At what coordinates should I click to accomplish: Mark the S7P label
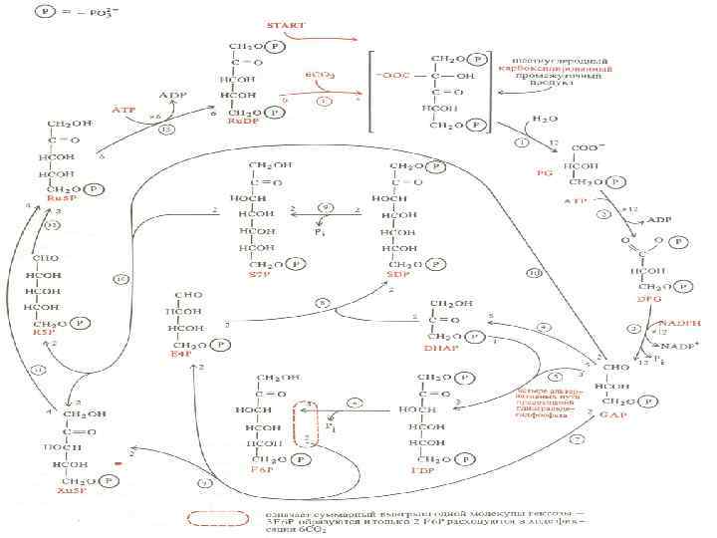261,272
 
